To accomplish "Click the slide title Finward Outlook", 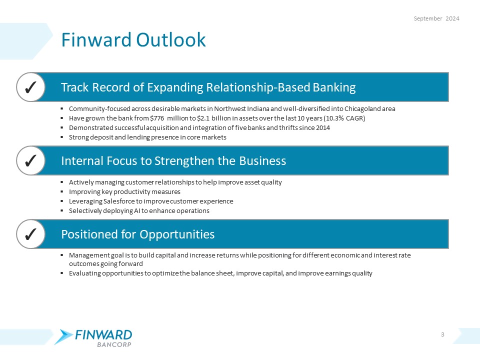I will (133, 40).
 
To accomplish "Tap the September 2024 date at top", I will (436, 18).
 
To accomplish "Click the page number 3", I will (443, 334).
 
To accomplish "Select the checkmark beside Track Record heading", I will (29, 87).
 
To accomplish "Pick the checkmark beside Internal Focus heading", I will (29, 160).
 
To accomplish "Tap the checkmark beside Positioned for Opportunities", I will (29, 234).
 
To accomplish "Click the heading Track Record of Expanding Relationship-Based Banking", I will (208, 87).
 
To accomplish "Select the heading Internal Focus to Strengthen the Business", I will (173, 160).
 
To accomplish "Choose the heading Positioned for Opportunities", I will (137, 234).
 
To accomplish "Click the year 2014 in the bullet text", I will (322, 128).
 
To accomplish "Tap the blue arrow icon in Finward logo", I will (64, 336).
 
